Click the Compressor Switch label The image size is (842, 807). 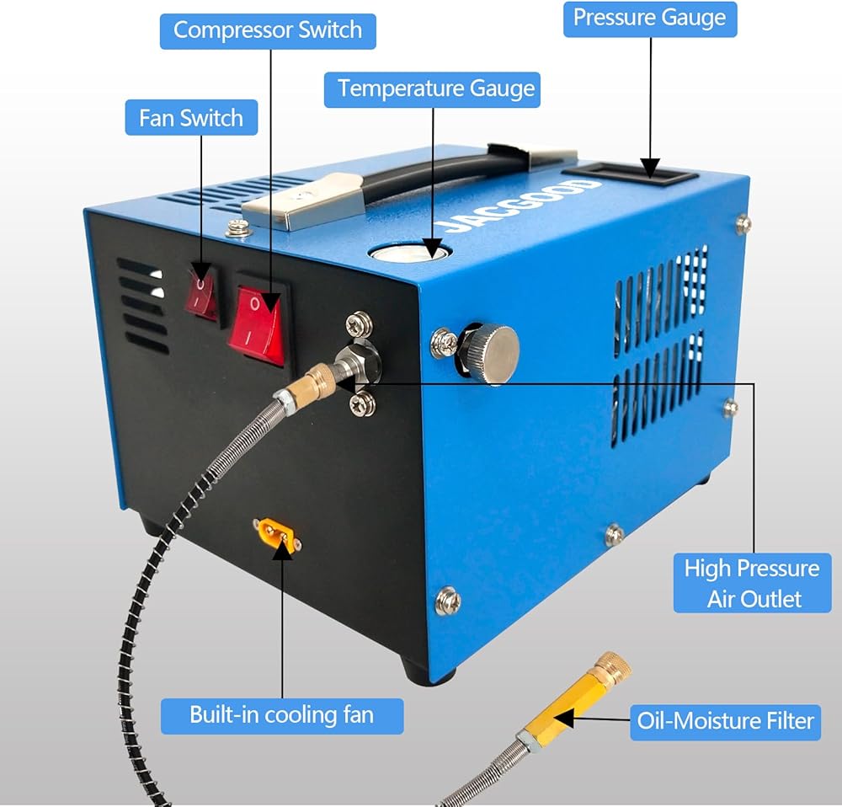point(267,30)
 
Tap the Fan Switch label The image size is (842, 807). point(190,118)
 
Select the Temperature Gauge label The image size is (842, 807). point(432,88)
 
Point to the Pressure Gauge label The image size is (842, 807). point(649,18)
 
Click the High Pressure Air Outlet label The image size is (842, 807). point(752,582)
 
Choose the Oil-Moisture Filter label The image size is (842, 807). point(725,721)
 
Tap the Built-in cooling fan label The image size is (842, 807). point(282,715)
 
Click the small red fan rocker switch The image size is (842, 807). point(201,292)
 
